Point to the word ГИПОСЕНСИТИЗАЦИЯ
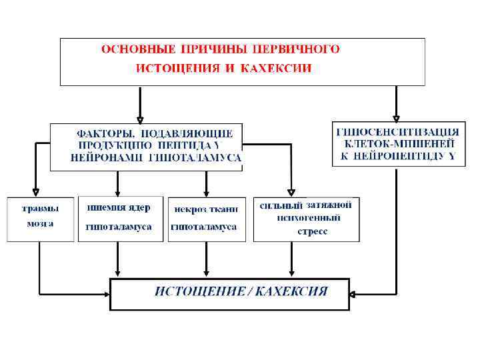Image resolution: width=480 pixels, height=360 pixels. [398, 131]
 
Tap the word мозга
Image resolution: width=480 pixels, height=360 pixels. [41, 223]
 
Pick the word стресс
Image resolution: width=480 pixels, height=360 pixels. [311, 232]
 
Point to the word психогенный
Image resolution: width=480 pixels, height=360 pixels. [309, 218]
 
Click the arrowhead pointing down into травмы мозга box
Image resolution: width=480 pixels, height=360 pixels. [33, 193]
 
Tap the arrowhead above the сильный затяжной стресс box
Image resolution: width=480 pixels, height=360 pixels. [291, 193]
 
